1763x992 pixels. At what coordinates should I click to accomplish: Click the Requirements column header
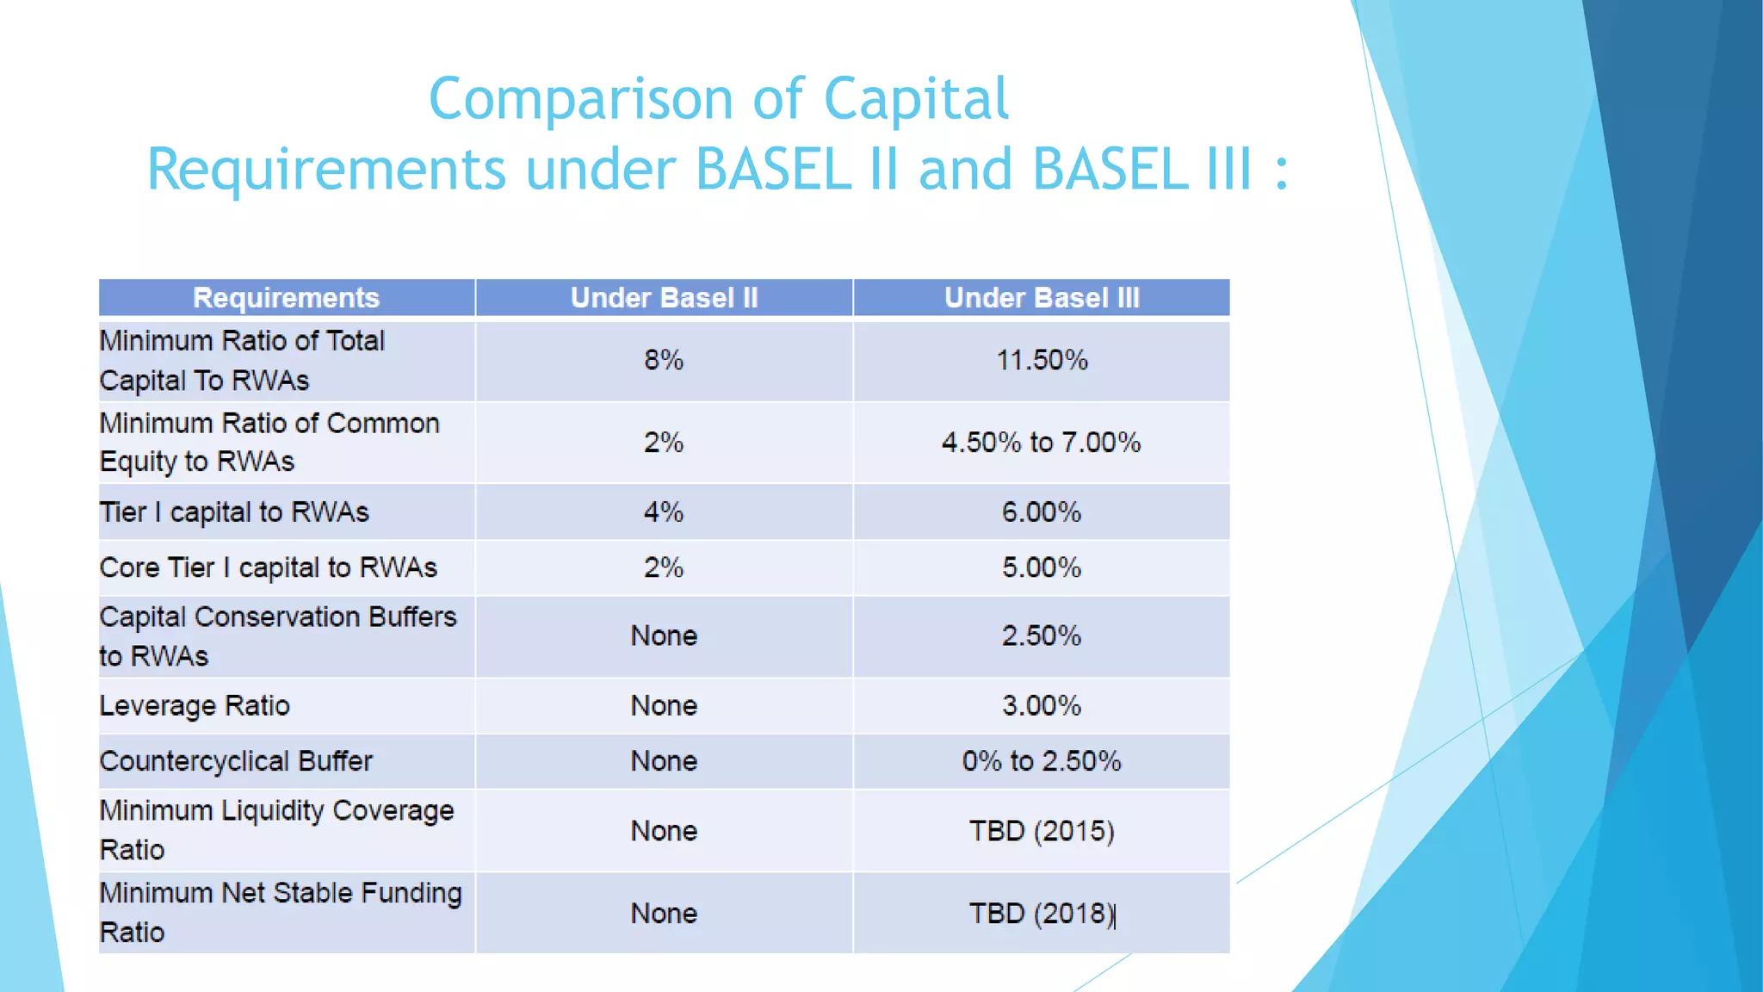[x=286, y=298]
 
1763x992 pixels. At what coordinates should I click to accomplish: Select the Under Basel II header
[x=664, y=298]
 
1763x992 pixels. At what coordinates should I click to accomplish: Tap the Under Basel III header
[x=1042, y=298]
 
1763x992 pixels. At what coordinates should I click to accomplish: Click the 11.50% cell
[x=1042, y=360]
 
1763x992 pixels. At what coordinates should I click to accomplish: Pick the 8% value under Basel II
[x=664, y=360]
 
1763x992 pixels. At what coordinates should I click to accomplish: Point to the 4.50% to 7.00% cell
[x=1041, y=443]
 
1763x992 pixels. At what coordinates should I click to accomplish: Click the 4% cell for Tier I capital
[x=664, y=512]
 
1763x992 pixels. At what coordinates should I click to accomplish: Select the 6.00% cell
[x=1041, y=512]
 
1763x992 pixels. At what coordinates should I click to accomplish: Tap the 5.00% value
[x=1041, y=568]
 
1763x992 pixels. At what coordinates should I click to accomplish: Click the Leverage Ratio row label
[x=195, y=706]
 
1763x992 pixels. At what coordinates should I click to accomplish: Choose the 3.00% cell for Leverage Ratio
[x=1041, y=706]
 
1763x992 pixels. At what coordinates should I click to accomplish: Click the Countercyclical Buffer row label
[x=236, y=761]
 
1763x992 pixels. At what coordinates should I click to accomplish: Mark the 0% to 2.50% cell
[x=1041, y=761]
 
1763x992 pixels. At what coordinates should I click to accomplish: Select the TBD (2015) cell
[x=1041, y=831]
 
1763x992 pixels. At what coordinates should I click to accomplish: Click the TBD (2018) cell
[x=1041, y=914]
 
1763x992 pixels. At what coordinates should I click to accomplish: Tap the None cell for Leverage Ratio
[x=664, y=706]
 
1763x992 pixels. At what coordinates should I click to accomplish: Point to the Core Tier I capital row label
[x=268, y=568]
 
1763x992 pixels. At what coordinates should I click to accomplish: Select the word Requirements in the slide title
[x=325, y=170]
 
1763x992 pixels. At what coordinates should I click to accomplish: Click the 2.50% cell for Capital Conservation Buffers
[x=1041, y=636]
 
